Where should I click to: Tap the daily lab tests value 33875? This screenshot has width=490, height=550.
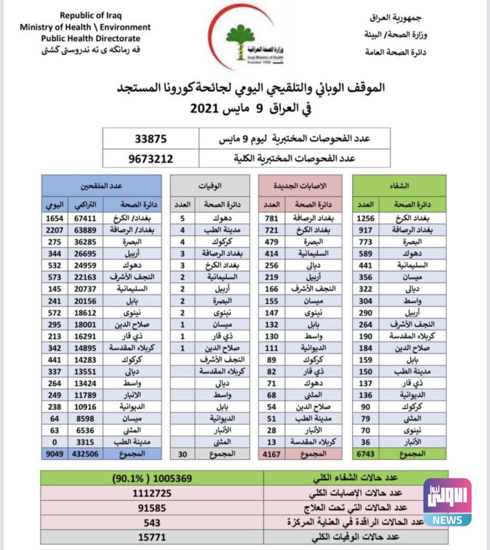151,138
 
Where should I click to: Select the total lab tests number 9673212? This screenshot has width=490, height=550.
151,158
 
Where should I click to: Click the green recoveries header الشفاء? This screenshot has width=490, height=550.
400,185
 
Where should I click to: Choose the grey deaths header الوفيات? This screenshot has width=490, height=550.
210,185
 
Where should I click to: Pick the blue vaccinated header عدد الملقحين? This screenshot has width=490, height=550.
102,185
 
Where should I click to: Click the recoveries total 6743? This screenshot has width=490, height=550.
365,454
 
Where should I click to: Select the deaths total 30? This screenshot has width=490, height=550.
183,454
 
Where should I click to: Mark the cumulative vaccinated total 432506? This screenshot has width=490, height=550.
86,454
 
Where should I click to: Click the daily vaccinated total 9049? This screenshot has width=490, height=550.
55,454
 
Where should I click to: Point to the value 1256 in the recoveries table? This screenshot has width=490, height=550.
365,219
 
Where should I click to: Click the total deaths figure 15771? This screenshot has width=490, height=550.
153,536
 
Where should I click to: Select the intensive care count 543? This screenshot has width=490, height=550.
153,522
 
